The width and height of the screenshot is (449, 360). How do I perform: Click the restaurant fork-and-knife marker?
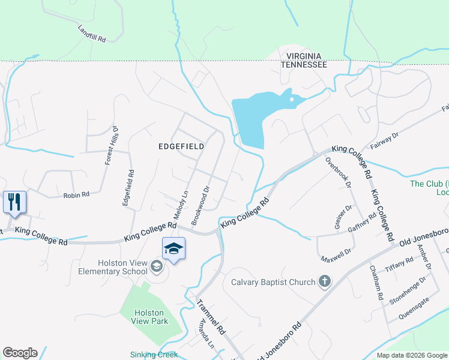coord(14,202)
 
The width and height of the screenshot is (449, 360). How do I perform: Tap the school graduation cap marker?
coord(173,249)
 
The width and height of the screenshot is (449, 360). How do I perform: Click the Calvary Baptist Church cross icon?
coord(325,281)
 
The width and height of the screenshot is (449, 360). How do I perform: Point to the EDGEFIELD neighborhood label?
coord(181,146)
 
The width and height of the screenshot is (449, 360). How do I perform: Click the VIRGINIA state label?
coord(304,55)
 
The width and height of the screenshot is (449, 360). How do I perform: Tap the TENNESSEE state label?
coord(304,64)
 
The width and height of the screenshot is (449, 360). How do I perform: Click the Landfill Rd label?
coord(91,34)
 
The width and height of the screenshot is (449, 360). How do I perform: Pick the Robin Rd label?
coord(76,195)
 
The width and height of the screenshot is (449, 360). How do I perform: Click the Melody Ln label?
coord(181,204)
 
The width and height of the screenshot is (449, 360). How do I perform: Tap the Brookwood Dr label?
coord(200,205)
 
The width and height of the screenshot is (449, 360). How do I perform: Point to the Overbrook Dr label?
coord(337,173)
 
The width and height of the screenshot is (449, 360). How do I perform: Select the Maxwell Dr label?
coord(335,255)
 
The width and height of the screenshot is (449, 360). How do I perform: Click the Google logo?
coord(20,353)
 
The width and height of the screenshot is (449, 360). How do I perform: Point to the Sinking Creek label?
coord(154,355)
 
